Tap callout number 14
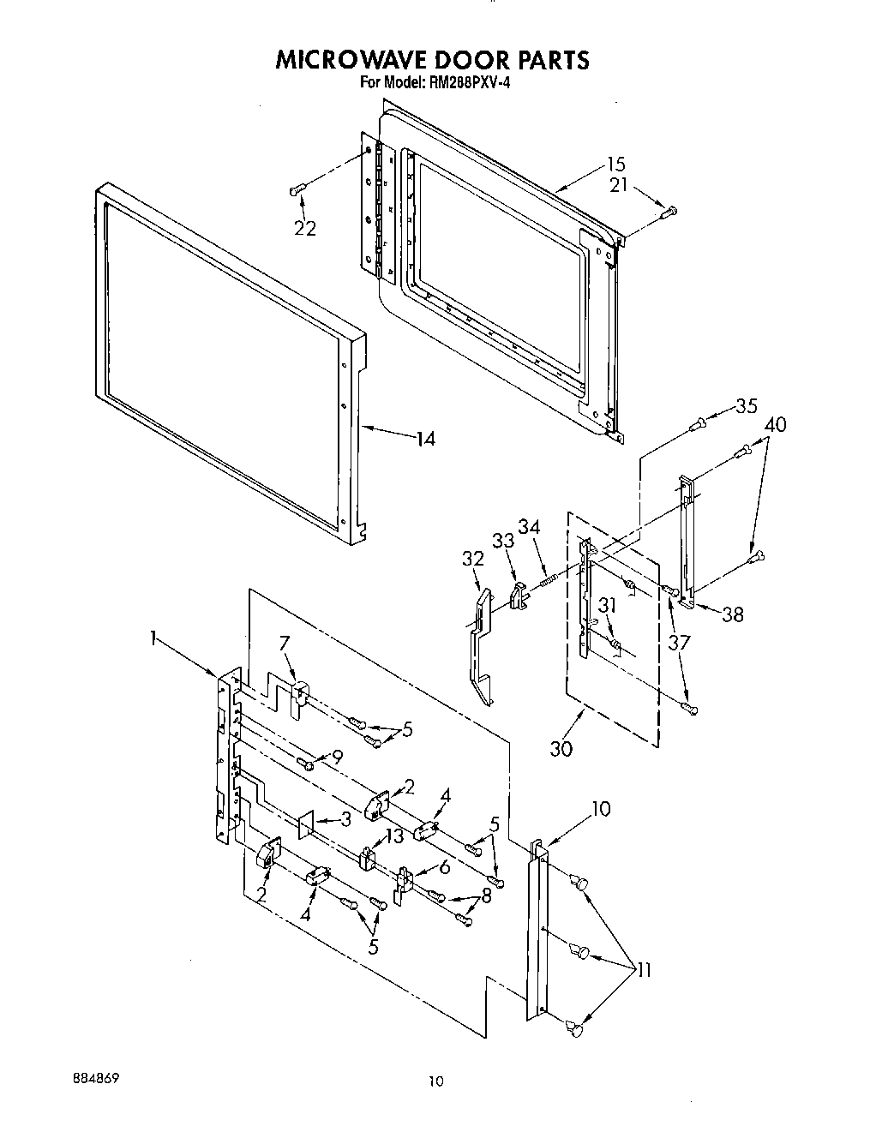click(x=425, y=439)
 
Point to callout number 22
click(x=305, y=228)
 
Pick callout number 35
click(x=747, y=405)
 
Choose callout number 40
click(x=775, y=424)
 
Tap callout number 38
click(x=732, y=614)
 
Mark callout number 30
click(x=561, y=747)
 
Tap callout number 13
click(x=393, y=837)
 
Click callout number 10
click(x=601, y=807)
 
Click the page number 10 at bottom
click(x=436, y=1082)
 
